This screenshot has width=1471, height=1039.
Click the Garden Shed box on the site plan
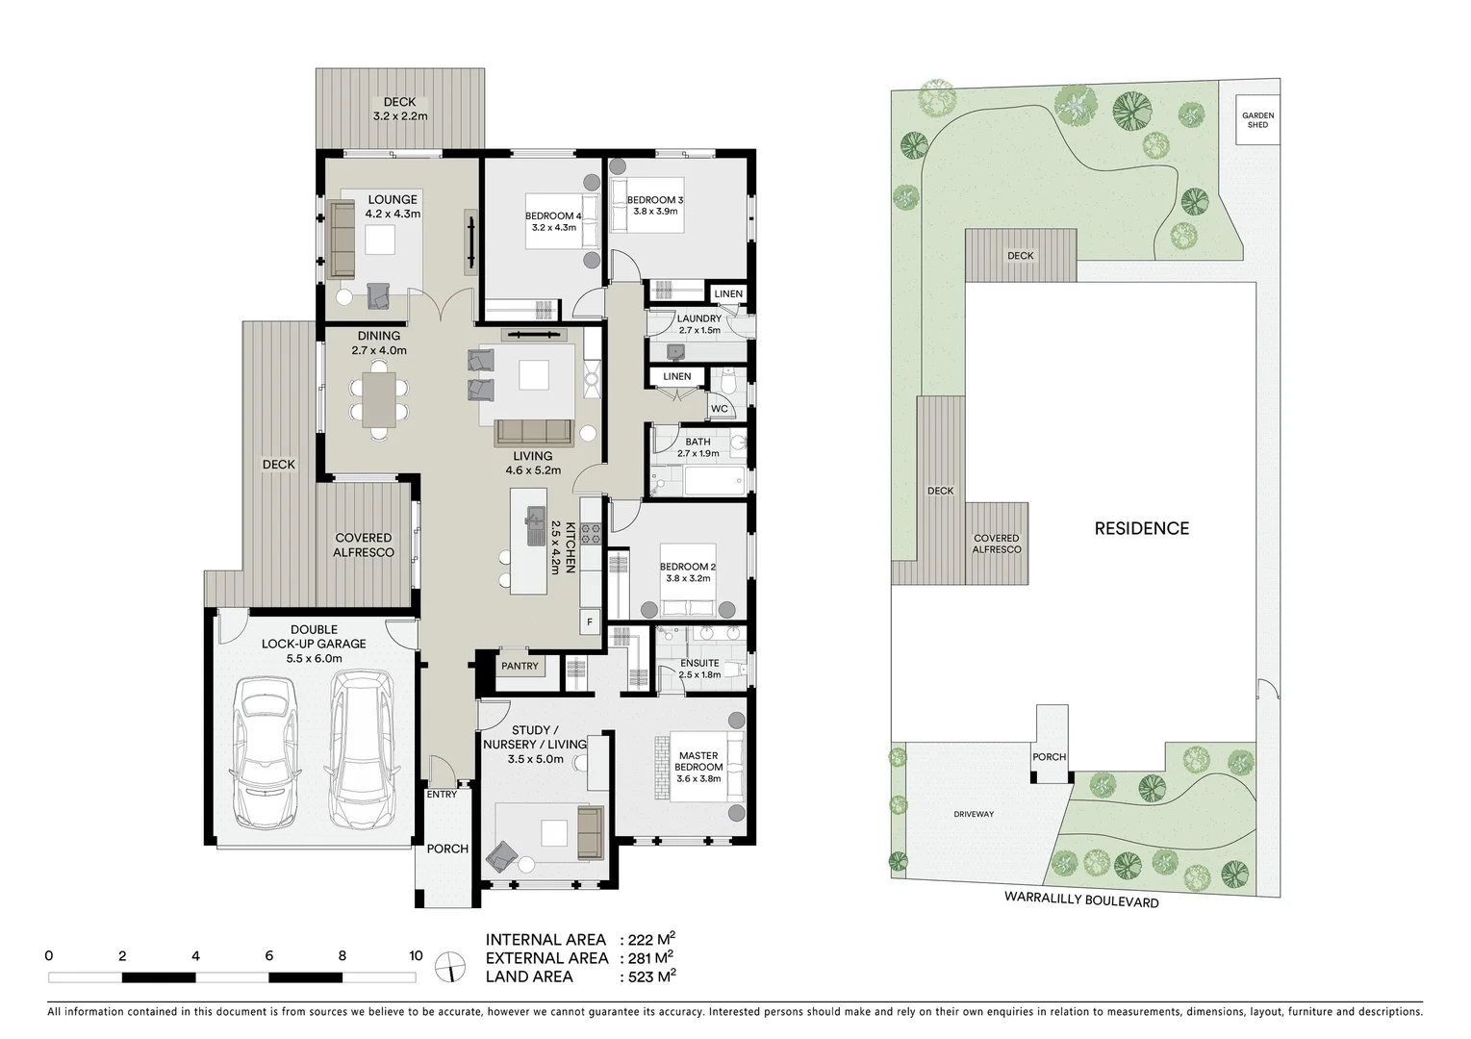[1256, 120]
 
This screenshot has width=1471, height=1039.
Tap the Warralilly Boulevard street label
[1081, 902]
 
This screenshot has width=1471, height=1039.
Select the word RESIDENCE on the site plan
[1141, 528]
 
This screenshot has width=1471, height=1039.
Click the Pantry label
[520, 666]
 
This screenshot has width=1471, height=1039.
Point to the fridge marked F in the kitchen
[589, 621]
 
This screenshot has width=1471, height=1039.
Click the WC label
[719, 409]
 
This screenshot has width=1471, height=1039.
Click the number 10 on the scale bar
[415, 956]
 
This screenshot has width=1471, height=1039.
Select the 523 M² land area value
[650, 976]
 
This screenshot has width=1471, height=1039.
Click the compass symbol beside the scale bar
[447, 966]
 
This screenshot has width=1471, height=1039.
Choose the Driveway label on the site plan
[973, 814]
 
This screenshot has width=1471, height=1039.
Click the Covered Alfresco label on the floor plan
[364, 545]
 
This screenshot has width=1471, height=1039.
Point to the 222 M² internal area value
[650, 940]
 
